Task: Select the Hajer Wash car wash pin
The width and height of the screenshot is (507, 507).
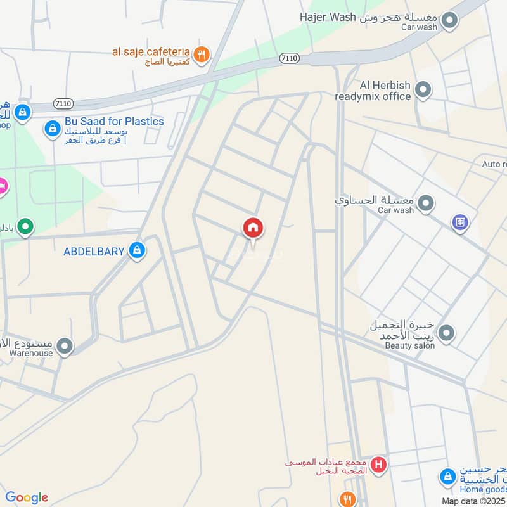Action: pos(450,20)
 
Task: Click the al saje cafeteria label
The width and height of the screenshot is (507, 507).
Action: pos(151,51)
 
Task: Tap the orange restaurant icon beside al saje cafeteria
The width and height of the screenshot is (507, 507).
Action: pos(202,55)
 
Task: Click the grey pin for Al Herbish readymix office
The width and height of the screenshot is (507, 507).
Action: pos(423,90)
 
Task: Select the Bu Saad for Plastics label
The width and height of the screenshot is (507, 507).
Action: pos(114,121)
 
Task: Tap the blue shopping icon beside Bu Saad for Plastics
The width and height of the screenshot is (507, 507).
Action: pos(51,129)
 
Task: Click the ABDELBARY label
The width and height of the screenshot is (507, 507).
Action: pos(94,252)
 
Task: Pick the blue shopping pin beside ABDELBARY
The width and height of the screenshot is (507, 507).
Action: pos(136,252)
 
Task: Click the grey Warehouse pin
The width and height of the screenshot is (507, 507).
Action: pos(64,346)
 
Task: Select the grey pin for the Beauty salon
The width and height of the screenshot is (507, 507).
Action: pos(447,332)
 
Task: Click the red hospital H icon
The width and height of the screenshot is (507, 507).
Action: pos(379,465)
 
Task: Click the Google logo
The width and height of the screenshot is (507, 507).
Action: pos(27,497)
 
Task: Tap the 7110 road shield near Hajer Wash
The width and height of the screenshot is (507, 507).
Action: pos(289,58)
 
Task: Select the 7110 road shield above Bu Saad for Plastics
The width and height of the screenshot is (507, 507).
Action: pos(63,103)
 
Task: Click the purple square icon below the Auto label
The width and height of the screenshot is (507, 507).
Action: pos(460,222)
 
